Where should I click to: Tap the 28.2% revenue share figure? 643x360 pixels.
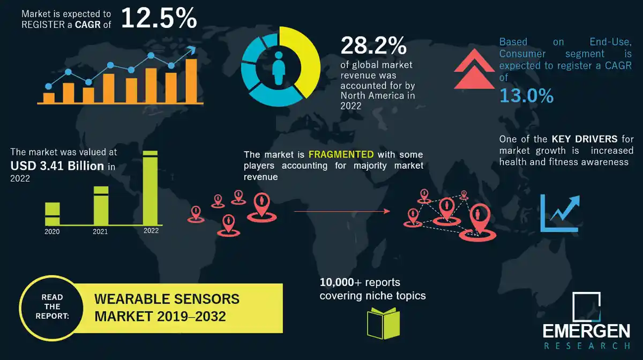point(373,46)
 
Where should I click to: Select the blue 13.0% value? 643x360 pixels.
point(526,95)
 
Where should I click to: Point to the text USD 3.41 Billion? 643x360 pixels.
point(57,166)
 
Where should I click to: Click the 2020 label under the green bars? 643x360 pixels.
point(52,232)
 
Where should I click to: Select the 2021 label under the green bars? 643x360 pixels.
point(100,232)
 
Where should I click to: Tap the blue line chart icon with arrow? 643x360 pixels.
point(560,213)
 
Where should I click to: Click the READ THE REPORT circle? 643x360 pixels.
point(52,306)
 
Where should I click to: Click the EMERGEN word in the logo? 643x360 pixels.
point(586,331)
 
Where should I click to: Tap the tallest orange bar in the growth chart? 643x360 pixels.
point(191,80)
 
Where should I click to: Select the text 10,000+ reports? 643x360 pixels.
point(360,282)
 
